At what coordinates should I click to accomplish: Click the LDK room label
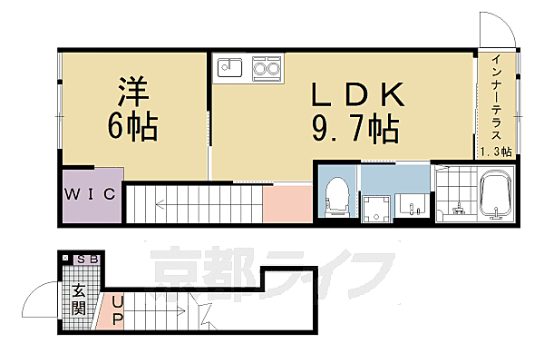(358, 94)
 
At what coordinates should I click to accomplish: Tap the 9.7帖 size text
(355, 129)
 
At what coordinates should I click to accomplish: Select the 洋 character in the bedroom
(133, 92)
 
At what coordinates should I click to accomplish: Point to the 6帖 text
(133, 127)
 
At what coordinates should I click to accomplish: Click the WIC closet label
(90, 194)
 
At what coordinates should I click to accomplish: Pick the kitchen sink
(229, 67)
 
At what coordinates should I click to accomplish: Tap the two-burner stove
(267, 68)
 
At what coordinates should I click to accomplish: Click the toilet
(337, 194)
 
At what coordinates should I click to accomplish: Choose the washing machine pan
(375, 209)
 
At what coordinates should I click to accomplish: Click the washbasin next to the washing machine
(413, 205)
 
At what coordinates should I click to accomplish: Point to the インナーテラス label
(496, 97)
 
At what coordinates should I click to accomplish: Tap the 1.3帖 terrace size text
(496, 152)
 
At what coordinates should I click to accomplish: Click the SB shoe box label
(88, 260)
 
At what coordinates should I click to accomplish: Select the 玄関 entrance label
(79, 299)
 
